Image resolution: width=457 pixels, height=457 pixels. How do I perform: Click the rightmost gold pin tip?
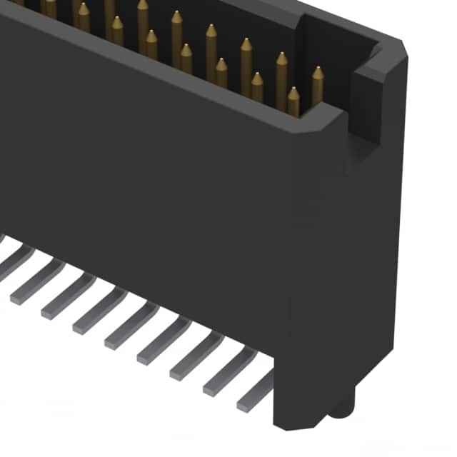[317, 74]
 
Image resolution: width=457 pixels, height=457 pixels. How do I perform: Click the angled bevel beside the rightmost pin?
[328, 114]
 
